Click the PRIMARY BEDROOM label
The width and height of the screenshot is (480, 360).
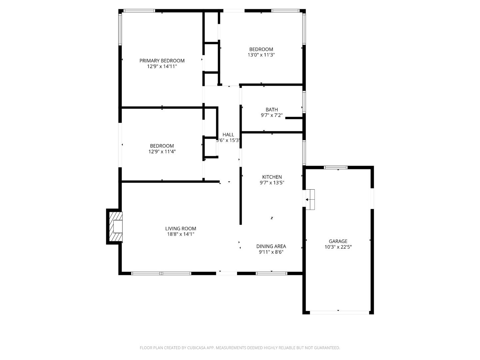click(162, 61)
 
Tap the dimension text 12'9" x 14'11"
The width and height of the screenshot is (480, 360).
click(162, 66)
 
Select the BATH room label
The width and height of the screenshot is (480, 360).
click(272, 110)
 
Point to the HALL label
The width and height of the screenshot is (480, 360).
click(228, 135)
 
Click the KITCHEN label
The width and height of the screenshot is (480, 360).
click(272, 177)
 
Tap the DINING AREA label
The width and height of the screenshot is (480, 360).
click(271, 246)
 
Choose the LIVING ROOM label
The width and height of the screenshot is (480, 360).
click(181, 229)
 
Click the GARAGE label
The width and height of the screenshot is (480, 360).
click(338, 241)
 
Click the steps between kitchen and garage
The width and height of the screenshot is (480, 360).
click(310, 200)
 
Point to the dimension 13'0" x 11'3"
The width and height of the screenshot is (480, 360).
click(261, 55)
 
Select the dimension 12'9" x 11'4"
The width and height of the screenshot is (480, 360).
click(162, 152)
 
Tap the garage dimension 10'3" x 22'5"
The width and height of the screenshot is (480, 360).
click(338, 247)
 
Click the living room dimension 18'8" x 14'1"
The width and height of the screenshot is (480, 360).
click(181, 234)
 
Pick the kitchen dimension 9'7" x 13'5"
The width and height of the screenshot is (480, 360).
click(272, 183)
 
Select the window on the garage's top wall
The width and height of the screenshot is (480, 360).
click(336, 168)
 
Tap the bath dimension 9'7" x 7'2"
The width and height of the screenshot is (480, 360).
click(272, 115)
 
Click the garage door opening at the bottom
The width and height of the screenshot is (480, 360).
click(339, 312)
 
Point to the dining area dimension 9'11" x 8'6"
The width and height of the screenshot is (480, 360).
click(271, 252)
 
